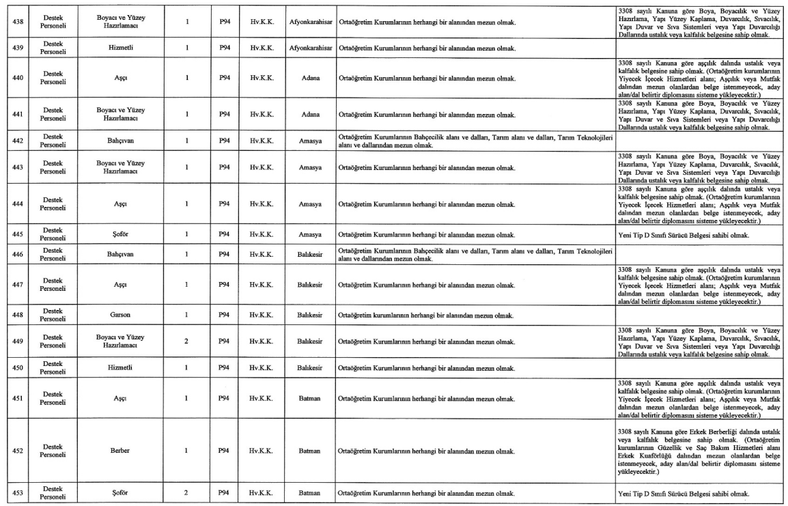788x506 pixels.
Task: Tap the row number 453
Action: [x=18, y=493]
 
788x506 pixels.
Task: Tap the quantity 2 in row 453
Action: [x=186, y=493]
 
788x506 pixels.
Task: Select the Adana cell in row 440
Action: [x=309, y=78]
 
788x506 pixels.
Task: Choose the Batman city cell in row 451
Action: [x=309, y=401]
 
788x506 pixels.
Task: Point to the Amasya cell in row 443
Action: [x=309, y=165]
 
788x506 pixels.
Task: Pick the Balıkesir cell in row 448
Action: [x=309, y=315]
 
